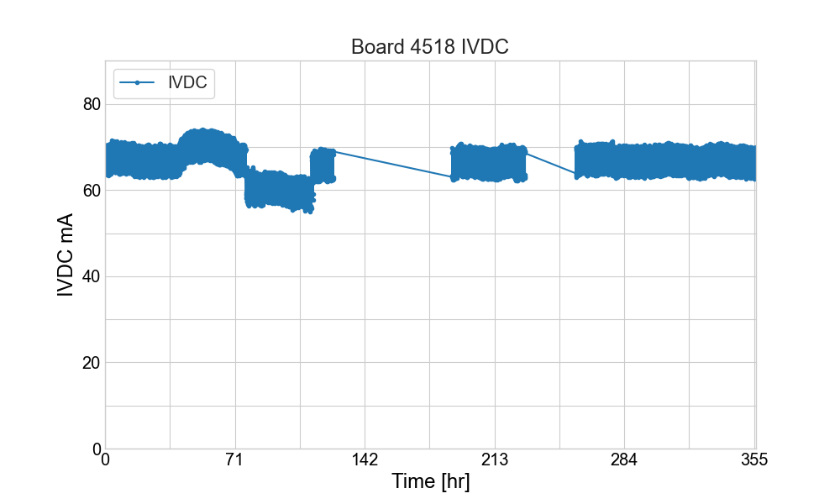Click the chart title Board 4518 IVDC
point(429,47)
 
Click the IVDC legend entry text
point(187,81)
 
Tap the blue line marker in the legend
point(137,81)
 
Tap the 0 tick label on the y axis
point(95,449)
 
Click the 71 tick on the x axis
point(234,459)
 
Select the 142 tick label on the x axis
point(365,459)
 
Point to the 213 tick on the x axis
point(495,459)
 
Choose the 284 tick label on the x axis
point(624,459)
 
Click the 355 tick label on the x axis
point(753,459)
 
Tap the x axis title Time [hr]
point(430,482)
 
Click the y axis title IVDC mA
point(65,255)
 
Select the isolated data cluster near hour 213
point(489,162)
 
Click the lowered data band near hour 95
point(279,191)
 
